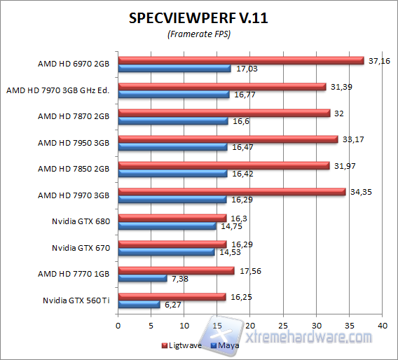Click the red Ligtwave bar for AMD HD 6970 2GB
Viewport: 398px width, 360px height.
click(x=240, y=60)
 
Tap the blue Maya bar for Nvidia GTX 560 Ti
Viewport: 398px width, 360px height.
click(x=139, y=305)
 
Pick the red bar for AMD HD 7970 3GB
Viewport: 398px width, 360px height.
click(x=231, y=191)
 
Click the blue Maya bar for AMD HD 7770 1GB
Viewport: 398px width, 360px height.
click(x=142, y=279)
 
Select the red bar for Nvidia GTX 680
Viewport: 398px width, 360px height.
click(x=172, y=218)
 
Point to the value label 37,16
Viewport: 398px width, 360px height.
click(x=378, y=61)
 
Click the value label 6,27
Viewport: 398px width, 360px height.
click(x=172, y=305)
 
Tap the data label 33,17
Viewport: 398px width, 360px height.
click(x=352, y=139)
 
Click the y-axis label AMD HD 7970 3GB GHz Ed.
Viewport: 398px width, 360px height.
click(x=59, y=90)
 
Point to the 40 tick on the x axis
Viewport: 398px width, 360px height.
click(x=382, y=326)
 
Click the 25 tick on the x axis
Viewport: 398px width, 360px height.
click(x=283, y=326)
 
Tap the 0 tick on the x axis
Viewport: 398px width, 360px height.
click(x=118, y=326)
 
